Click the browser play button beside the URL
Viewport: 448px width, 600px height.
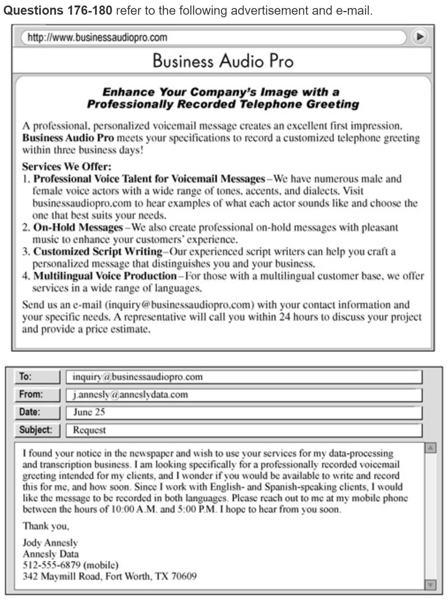pos(420,37)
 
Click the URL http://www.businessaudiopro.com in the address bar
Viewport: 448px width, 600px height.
pos(97,37)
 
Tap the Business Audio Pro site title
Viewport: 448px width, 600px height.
pos(223,61)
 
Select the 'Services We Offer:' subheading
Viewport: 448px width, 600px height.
pos(66,167)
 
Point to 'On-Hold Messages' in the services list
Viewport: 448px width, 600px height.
pos(78,228)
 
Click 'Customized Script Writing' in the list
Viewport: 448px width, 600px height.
pos(98,252)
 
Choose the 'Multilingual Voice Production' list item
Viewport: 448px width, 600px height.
pos(105,276)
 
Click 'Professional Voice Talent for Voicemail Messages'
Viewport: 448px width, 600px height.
pos(149,179)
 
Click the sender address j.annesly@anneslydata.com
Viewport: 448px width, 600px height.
pos(130,395)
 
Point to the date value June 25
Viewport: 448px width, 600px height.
pos(89,412)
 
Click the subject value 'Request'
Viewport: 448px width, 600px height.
pos(89,430)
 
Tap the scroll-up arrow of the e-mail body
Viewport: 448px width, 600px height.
pos(430,448)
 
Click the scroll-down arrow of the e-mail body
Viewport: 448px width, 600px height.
pos(430,584)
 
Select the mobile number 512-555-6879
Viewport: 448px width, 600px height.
pos(51,565)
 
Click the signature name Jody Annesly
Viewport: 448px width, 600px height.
pos(50,542)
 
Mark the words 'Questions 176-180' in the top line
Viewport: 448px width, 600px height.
pos(58,10)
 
